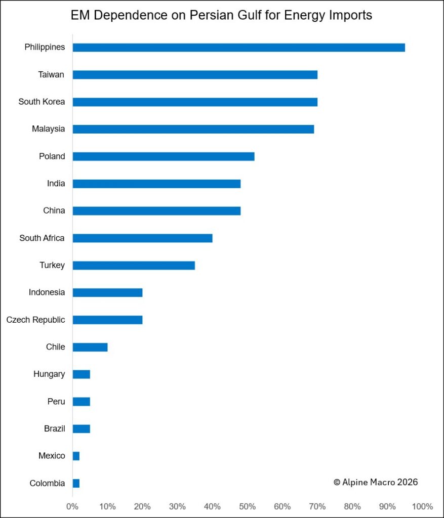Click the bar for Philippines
238,48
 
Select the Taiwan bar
195,75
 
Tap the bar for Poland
164,156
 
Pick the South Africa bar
142,238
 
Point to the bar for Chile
90,347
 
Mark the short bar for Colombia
76,483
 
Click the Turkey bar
134,265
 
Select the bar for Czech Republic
107,320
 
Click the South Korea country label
42,102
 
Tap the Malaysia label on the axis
48,129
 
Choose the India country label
56,184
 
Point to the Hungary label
49,374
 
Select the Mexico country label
52,456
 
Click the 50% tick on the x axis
248,506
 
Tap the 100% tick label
422,506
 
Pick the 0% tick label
72,506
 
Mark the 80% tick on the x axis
352,506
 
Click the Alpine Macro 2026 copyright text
376,482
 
